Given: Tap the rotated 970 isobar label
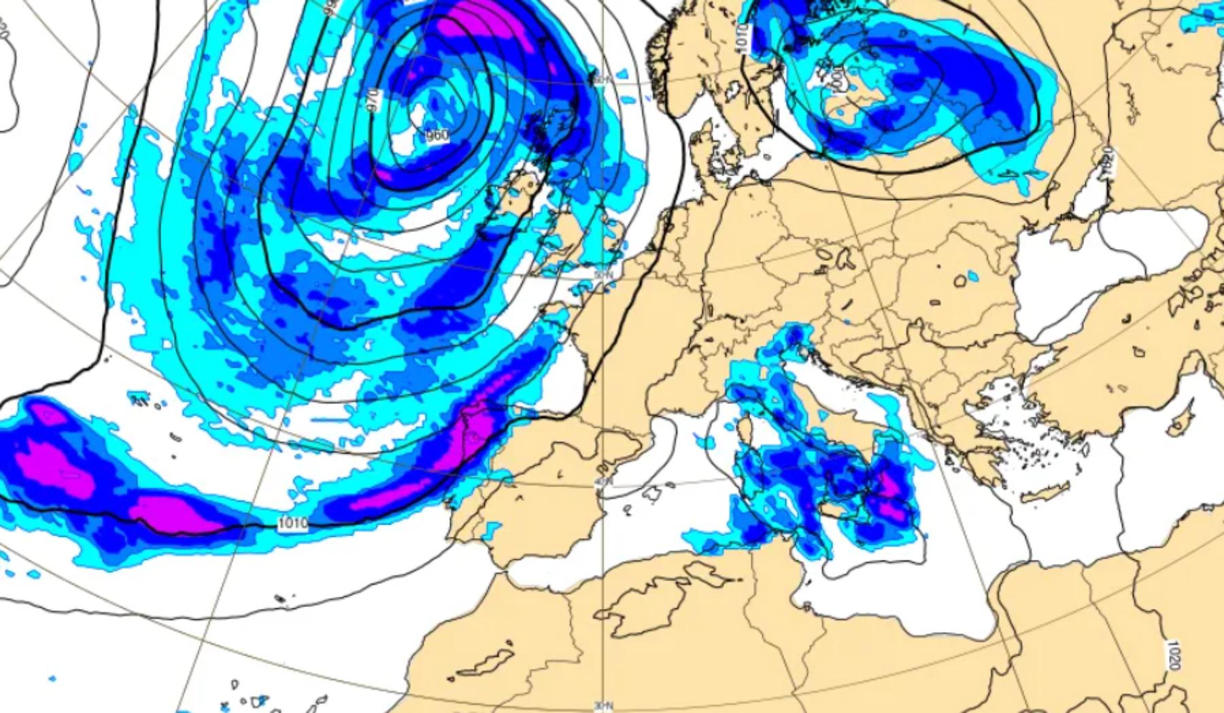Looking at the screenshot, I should [x=372, y=101].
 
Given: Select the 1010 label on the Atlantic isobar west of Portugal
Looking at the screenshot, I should [x=293, y=523].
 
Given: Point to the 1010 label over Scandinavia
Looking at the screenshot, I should [x=742, y=39].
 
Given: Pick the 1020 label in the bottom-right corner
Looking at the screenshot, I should [x=1172, y=655].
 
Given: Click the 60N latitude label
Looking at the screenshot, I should [x=599, y=80].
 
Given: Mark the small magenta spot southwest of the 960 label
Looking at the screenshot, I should [x=384, y=173].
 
